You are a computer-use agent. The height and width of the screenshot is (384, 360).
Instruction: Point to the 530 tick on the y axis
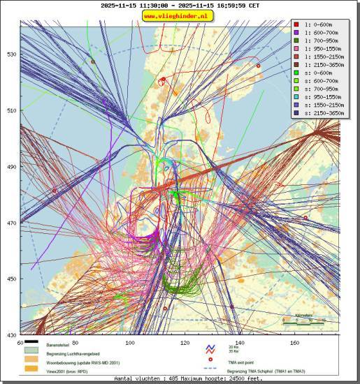coord(12,54)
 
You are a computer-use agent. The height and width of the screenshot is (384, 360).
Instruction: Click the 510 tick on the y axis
coord(12,110)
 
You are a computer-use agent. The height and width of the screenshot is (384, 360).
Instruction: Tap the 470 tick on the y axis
coord(12,223)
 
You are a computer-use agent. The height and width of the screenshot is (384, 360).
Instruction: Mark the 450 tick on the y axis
coord(12,279)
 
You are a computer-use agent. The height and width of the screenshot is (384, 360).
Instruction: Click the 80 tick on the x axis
coord(75,343)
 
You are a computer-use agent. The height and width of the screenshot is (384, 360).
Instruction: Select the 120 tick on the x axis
coord(185,343)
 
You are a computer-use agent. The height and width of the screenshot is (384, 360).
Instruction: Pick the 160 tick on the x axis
coord(294,343)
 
